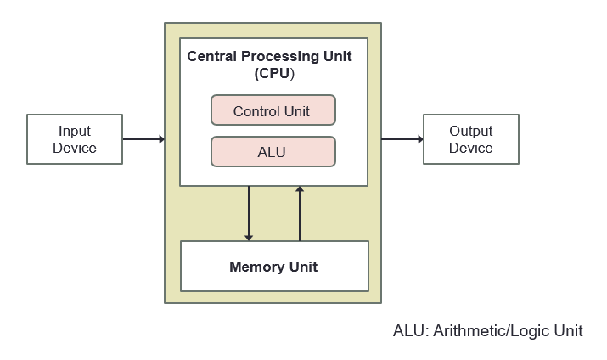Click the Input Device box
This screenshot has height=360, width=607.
pyautogui.click(x=75, y=140)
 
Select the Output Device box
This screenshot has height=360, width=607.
pyautogui.click(x=470, y=140)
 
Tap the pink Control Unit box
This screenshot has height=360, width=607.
pyautogui.click(x=273, y=111)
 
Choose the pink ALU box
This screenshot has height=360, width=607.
pyautogui.click(x=273, y=153)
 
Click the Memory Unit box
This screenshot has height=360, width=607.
pyautogui.click(x=273, y=267)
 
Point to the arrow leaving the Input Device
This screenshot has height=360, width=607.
pyautogui.click(x=143, y=139)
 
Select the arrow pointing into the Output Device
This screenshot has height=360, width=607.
pyautogui.click(x=402, y=139)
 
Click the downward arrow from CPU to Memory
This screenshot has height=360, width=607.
pyautogui.click(x=249, y=212)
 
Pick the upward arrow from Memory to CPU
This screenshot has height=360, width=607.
pyautogui.click(x=300, y=212)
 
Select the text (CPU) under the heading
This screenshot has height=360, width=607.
pyautogui.click(x=274, y=73)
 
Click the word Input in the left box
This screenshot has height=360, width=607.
pyautogui.click(x=75, y=132)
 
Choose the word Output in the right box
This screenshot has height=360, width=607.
pyautogui.click(x=470, y=132)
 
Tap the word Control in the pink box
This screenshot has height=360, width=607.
pyautogui.click(x=256, y=111)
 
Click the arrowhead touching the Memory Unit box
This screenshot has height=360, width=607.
pyautogui.click(x=249, y=237)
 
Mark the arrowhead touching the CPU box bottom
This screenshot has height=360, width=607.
pyautogui.click(x=300, y=190)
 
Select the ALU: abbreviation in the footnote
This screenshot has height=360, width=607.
pyautogui.click(x=411, y=331)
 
